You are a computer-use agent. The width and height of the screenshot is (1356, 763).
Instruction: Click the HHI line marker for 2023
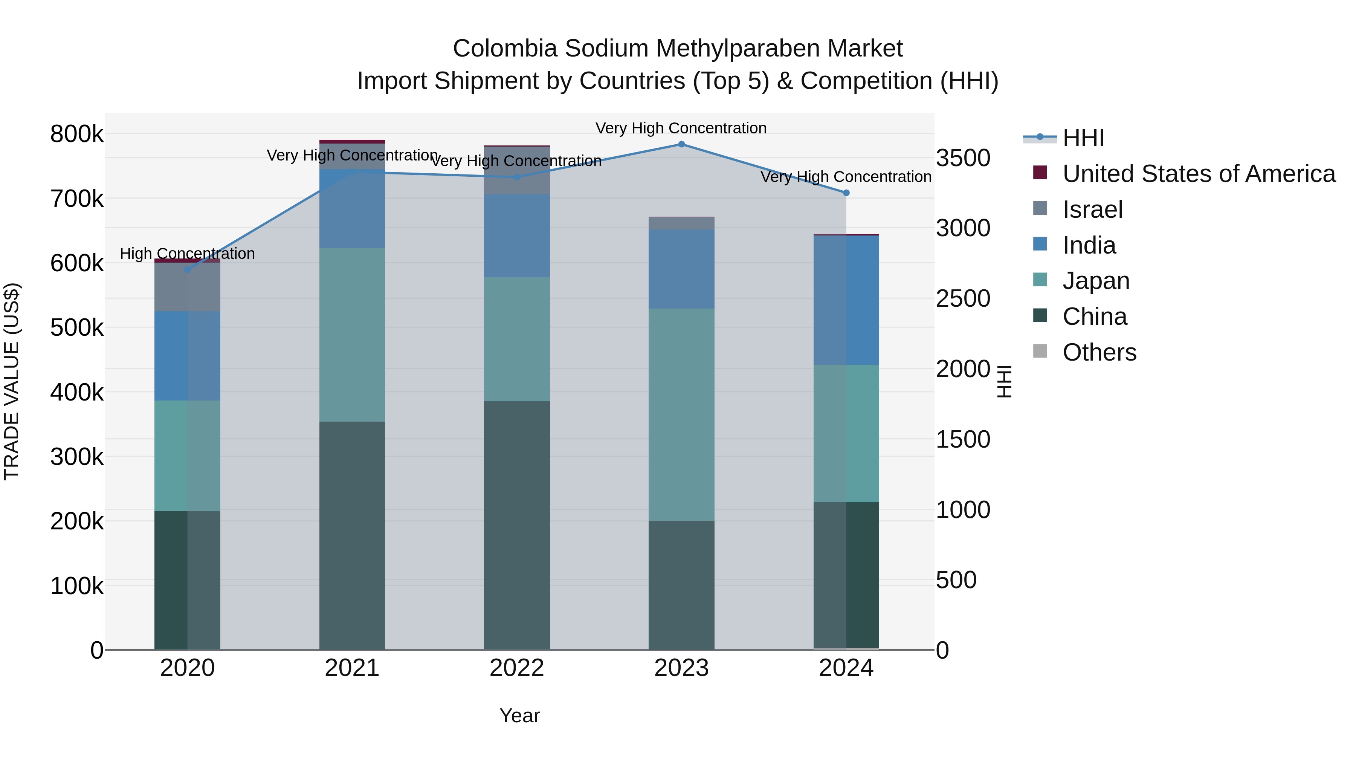pyautogui.click(x=681, y=144)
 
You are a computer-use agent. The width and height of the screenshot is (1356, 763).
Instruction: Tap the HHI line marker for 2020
pyautogui.click(x=188, y=270)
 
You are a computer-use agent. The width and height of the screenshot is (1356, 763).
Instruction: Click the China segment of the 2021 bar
pyautogui.click(x=352, y=535)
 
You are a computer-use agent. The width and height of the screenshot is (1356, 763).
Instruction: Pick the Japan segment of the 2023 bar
pyautogui.click(x=681, y=414)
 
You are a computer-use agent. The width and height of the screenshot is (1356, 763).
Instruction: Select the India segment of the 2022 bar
pyautogui.click(x=516, y=235)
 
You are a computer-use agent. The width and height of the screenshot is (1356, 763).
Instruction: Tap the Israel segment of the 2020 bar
pyautogui.click(x=188, y=287)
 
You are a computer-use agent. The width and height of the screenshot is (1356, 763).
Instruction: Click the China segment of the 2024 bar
pyautogui.click(x=846, y=575)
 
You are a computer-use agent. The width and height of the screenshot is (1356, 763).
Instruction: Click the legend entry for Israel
pyautogui.click(x=1092, y=209)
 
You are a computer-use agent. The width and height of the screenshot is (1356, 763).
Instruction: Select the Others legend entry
pyautogui.click(x=1099, y=352)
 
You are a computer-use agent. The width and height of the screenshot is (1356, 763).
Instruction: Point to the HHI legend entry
pyautogui.click(x=1083, y=138)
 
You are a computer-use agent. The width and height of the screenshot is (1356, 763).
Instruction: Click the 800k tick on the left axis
pyautogui.click(x=77, y=134)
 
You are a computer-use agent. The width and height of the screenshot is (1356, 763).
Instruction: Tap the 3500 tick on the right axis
pyautogui.click(x=963, y=158)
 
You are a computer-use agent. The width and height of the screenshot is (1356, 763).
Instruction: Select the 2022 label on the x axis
pyautogui.click(x=516, y=668)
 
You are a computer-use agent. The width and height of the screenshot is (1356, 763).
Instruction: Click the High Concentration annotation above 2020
pyautogui.click(x=188, y=254)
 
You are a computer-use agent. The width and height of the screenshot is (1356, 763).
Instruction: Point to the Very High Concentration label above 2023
pyautogui.click(x=681, y=128)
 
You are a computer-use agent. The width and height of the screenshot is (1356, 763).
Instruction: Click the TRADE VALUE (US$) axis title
pyautogui.click(x=12, y=381)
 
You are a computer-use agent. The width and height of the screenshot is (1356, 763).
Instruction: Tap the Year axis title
pyautogui.click(x=519, y=716)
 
